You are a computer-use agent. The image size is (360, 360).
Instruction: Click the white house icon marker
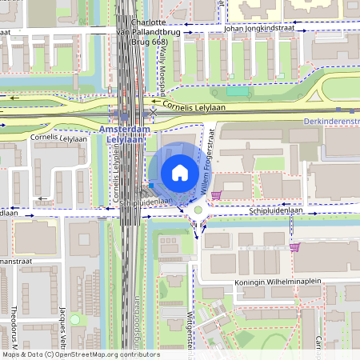180,172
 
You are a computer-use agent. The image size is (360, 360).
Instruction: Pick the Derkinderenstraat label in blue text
332,121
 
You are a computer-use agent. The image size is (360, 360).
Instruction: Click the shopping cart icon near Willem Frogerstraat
215,194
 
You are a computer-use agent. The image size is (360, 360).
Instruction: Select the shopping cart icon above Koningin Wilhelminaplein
295,247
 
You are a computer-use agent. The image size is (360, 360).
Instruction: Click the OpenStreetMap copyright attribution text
80,354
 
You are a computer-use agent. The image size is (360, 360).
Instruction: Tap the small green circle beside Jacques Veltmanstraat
74,319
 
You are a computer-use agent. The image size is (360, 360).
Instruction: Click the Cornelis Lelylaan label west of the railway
58,138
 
